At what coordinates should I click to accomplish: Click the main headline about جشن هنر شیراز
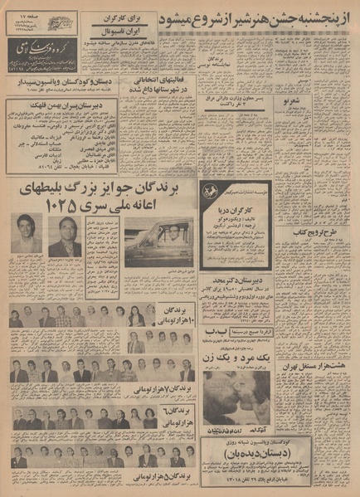tap(263, 17)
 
